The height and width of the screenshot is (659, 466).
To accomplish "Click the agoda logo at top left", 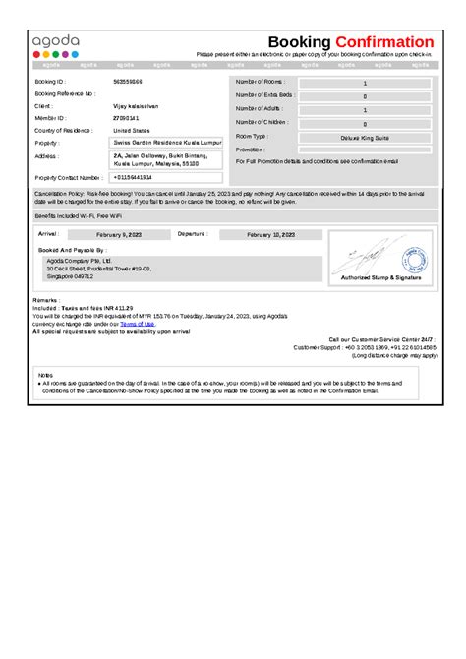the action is (x=55, y=43).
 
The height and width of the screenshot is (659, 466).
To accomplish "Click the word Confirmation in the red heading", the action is (x=383, y=42).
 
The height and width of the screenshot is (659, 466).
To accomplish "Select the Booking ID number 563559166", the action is (x=128, y=82).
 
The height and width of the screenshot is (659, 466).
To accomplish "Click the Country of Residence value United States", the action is (x=133, y=130).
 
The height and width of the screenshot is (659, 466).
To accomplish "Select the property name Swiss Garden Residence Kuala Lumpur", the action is (x=168, y=143).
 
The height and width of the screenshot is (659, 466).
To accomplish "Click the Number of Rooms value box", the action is (x=365, y=85).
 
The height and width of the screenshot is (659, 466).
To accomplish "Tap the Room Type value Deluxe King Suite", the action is (x=365, y=138).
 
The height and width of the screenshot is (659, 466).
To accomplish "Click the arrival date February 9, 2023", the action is (x=120, y=236).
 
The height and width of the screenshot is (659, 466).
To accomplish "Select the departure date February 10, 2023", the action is (x=271, y=236).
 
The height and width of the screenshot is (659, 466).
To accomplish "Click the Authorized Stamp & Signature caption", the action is (x=380, y=278).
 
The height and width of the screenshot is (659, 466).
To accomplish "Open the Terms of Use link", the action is (x=138, y=323).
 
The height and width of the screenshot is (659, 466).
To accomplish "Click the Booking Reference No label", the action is (x=64, y=93).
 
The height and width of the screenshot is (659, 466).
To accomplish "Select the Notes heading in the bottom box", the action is (x=45, y=375).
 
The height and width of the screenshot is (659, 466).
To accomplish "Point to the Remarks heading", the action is (x=46, y=299).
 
